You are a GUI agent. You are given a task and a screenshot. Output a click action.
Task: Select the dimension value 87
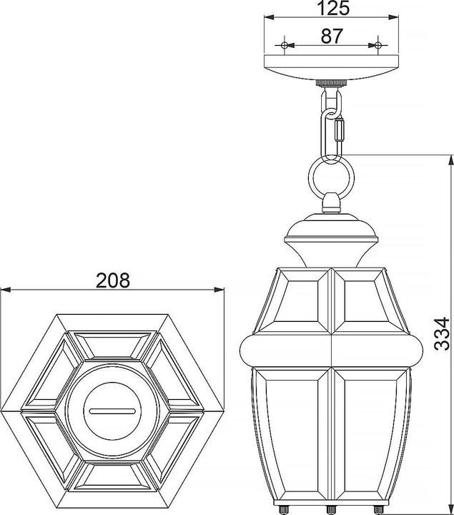(x=332, y=35)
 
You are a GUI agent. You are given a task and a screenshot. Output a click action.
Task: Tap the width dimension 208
(x=112, y=280)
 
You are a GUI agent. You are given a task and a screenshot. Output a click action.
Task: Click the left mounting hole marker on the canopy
(x=285, y=45)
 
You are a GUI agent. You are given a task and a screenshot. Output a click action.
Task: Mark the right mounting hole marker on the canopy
(x=377, y=45)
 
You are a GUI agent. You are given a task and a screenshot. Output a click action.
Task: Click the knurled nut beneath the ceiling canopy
(x=332, y=83)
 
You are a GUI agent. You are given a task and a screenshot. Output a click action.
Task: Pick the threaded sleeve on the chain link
(x=340, y=130)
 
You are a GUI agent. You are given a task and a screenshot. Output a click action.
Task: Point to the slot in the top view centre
(x=112, y=411)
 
